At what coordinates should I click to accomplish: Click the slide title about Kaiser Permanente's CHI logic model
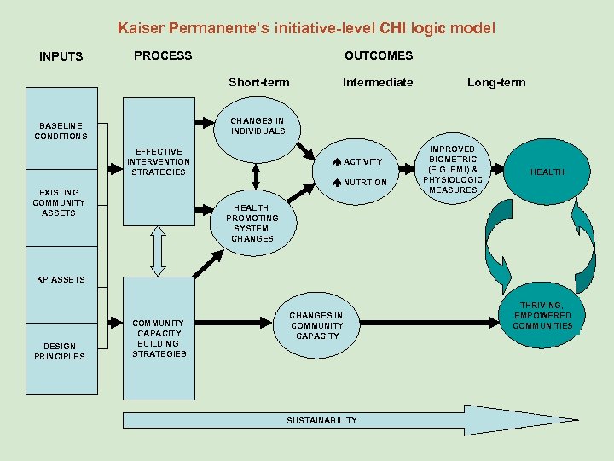(x=306, y=28)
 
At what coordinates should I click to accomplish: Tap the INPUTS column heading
(x=61, y=56)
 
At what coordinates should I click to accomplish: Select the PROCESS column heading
(x=163, y=55)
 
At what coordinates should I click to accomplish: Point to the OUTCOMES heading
(x=378, y=55)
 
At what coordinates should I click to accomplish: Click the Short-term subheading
(x=258, y=82)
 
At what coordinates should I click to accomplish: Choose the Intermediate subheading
(x=377, y=82)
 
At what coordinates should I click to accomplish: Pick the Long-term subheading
(x=496, y=82)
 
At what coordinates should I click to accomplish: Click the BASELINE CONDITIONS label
(x=61, y=131)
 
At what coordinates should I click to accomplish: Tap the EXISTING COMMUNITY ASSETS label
(x=59, y=202)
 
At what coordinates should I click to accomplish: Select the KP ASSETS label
(x=61, y=279)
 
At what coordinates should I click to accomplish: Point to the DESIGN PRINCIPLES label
(x=59, y=351)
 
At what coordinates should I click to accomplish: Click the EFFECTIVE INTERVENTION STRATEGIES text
(x=159, y=161)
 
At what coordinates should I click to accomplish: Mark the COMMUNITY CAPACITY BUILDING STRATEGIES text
(x=159, y=338)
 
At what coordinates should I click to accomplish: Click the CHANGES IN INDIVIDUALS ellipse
(x=258, y=126)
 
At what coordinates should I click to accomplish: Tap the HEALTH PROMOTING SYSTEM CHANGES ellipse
(x=252, y=223)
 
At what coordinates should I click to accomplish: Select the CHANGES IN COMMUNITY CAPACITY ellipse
(x=316, y=325)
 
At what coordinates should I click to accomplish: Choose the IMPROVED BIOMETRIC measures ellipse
(x=453, y=169)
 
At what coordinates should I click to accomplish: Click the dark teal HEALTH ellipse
(x=547, y=172)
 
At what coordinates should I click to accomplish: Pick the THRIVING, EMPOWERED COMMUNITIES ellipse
(x=542, y=315)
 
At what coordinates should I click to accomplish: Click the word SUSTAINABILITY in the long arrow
(x=321, y=420)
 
